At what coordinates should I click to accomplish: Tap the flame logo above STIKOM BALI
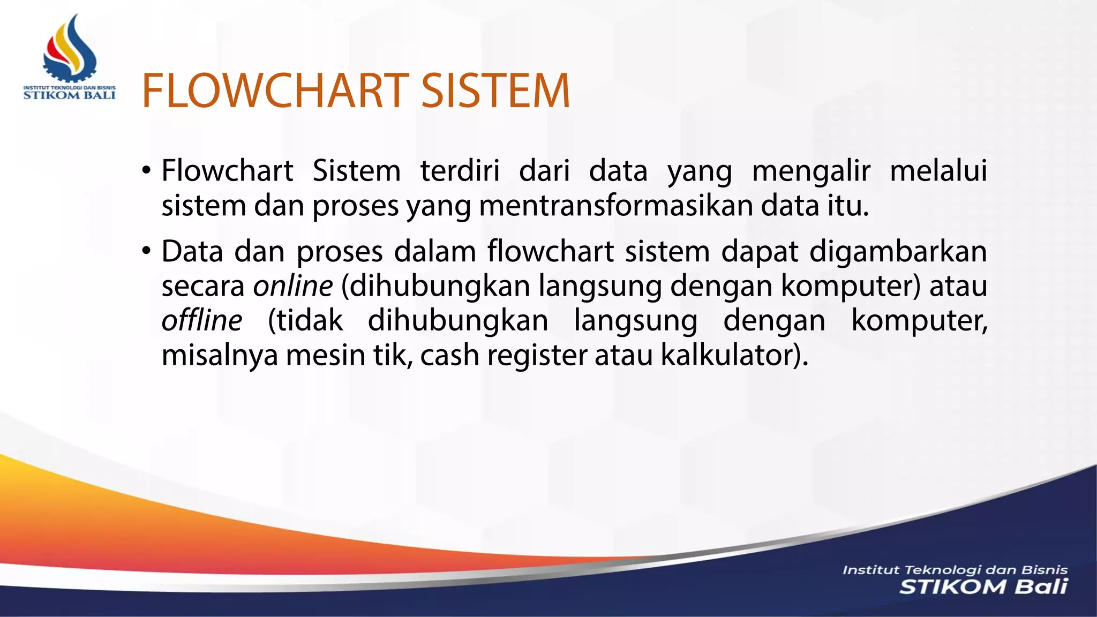pyautogui.click(x=70, y=48)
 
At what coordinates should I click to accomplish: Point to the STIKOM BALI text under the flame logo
pyautogui.click(x=70, y=95)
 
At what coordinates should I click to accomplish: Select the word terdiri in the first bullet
pyautogui.click(x=460, y=171)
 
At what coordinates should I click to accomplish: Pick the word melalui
pyautogui.click(x=938, y=171)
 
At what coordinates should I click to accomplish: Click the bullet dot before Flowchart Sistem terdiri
pyautogui.click(x=146, y=171)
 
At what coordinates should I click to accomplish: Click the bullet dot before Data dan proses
pyautogui.click(x=146, y=251)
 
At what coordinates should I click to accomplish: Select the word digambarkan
pyautogui.click(x=898, y=252)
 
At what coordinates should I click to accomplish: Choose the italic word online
pyautogui.click(x=293, y=286)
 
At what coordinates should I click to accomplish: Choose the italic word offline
pyautogui.click(x=202, y=320)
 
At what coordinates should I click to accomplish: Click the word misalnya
pyautogui.click(x=220, y=355)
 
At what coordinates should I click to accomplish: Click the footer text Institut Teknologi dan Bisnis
pyautogui.click(x=955, y=570)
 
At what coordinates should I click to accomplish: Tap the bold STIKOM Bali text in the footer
pyautogui.click(x=983, y=587)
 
